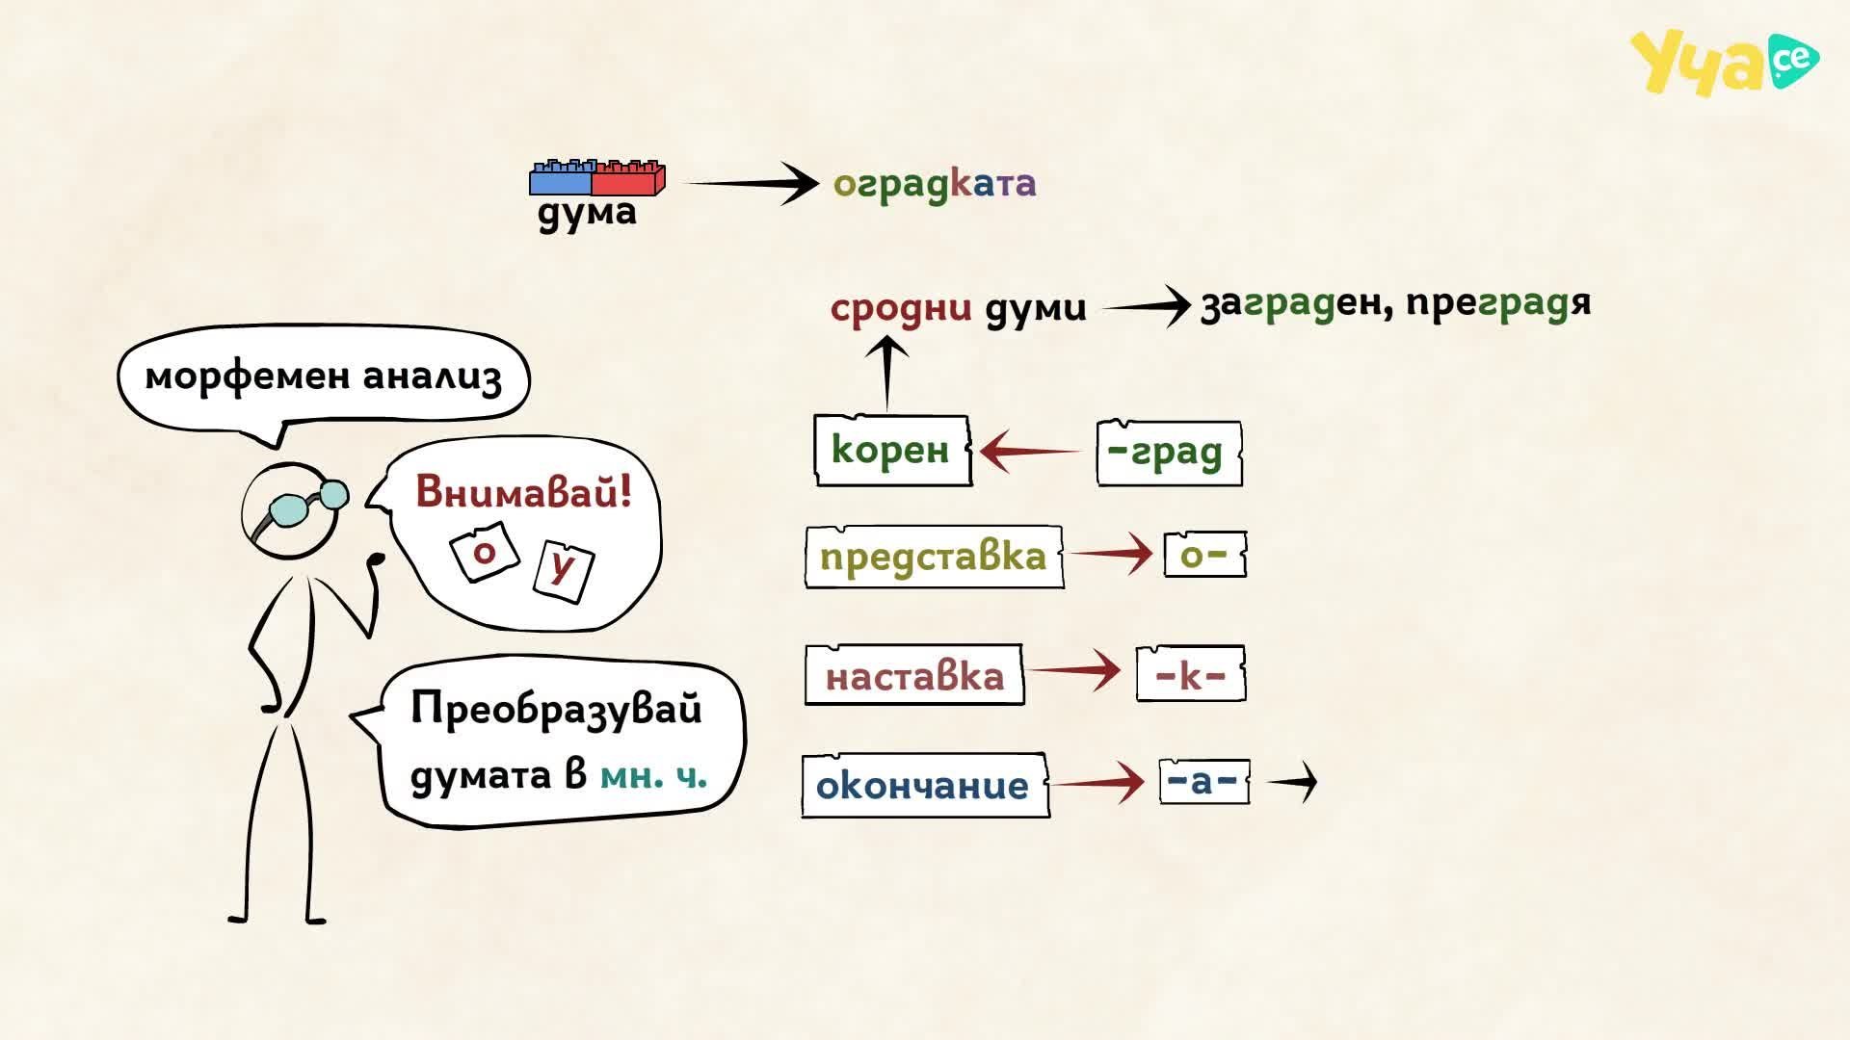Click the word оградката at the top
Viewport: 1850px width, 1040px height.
pyautogui.click(x=935, y=184)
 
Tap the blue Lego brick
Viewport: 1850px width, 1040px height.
pyautogui.click(x=561, y=178)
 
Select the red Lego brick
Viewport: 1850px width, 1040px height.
pyautogui.click(x=628, y=178)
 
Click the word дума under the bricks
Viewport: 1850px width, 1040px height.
pyautogui.click(x=587, y=213)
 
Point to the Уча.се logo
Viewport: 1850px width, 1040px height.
pyautogui.click(x=1725, y=63)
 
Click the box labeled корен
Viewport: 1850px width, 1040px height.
pyautogui.click(x=892, y=450)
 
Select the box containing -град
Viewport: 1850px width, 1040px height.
pyautogui.click(x=1169, y=452)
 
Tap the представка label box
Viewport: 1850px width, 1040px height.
pyautogui.click(x=934, y=557)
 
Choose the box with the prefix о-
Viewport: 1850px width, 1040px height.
pyautogui.click(x=1204, y=555)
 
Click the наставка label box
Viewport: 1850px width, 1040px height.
pyautogui.click(x=914, y=675)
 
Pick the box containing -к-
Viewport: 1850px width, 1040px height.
pyautogui.click(x=1191, y=674)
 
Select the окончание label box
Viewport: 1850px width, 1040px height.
pyautogui.click(x=925, y=786)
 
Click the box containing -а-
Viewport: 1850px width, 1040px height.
pyautogui.click(x=1204, y=781)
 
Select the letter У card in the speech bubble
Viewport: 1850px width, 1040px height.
pyautogui.click(x=564, y=571)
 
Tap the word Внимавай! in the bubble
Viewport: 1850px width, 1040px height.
pyautogui.click(x=524, y=492)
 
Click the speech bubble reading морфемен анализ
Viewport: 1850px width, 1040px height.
pyautogui.click(x=324, y=376)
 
